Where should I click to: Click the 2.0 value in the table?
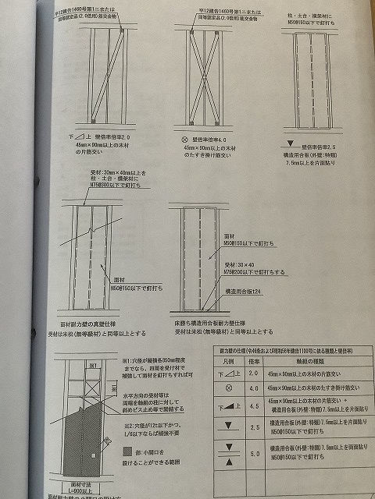pyautogui.click(x=253, y=374)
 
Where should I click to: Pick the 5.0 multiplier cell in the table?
pyautogui.click(x=253, y=454)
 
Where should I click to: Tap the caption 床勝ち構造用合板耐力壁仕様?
pyautogui.click(x=221, y=320)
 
